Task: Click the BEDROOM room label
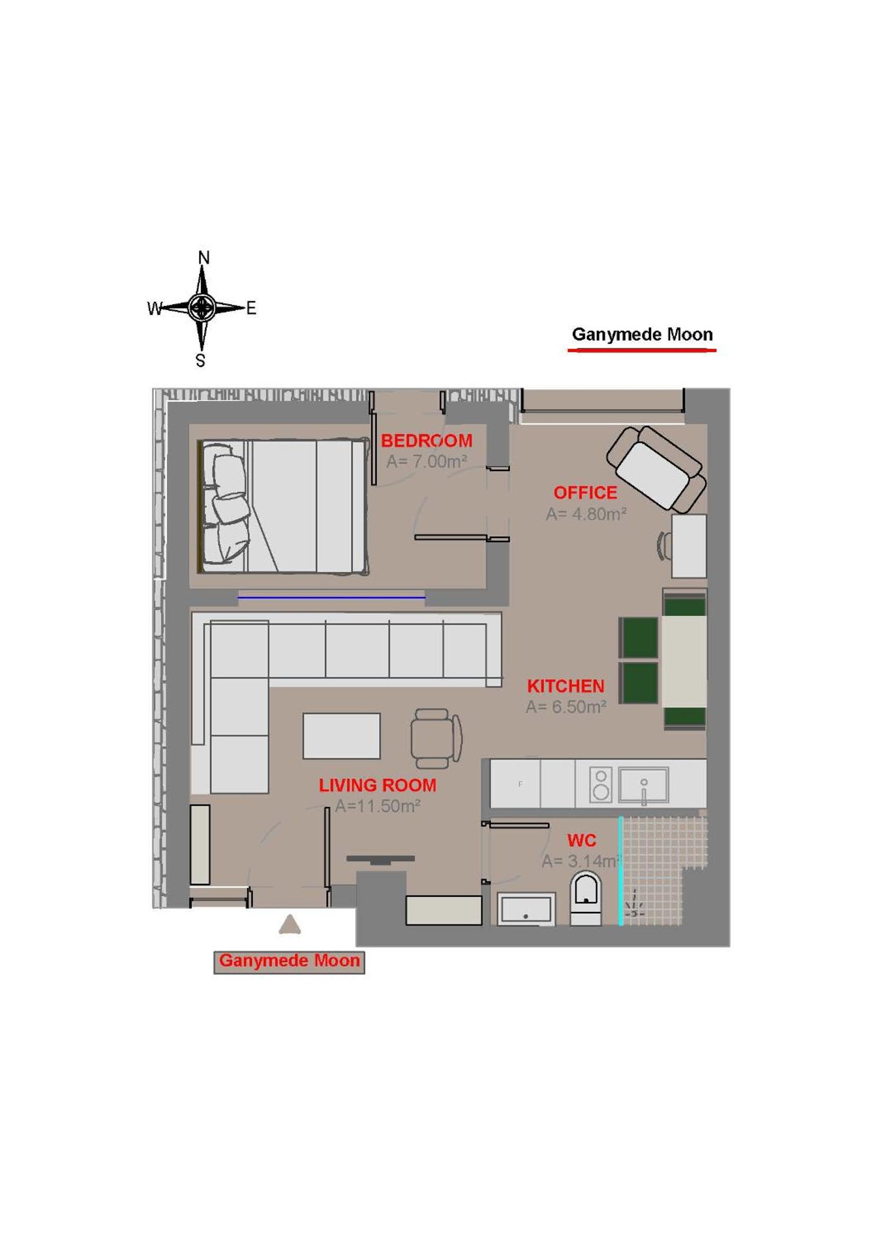pos(427,441)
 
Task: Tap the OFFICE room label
pos(585,493)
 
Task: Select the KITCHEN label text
pos(565,686)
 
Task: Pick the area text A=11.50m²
pos(377,806)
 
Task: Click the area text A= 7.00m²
pos(427,461)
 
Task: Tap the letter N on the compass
pos(203,258)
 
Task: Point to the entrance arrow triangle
pos(290,940)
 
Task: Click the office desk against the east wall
pos(689,546)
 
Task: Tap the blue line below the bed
pos(331,597)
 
